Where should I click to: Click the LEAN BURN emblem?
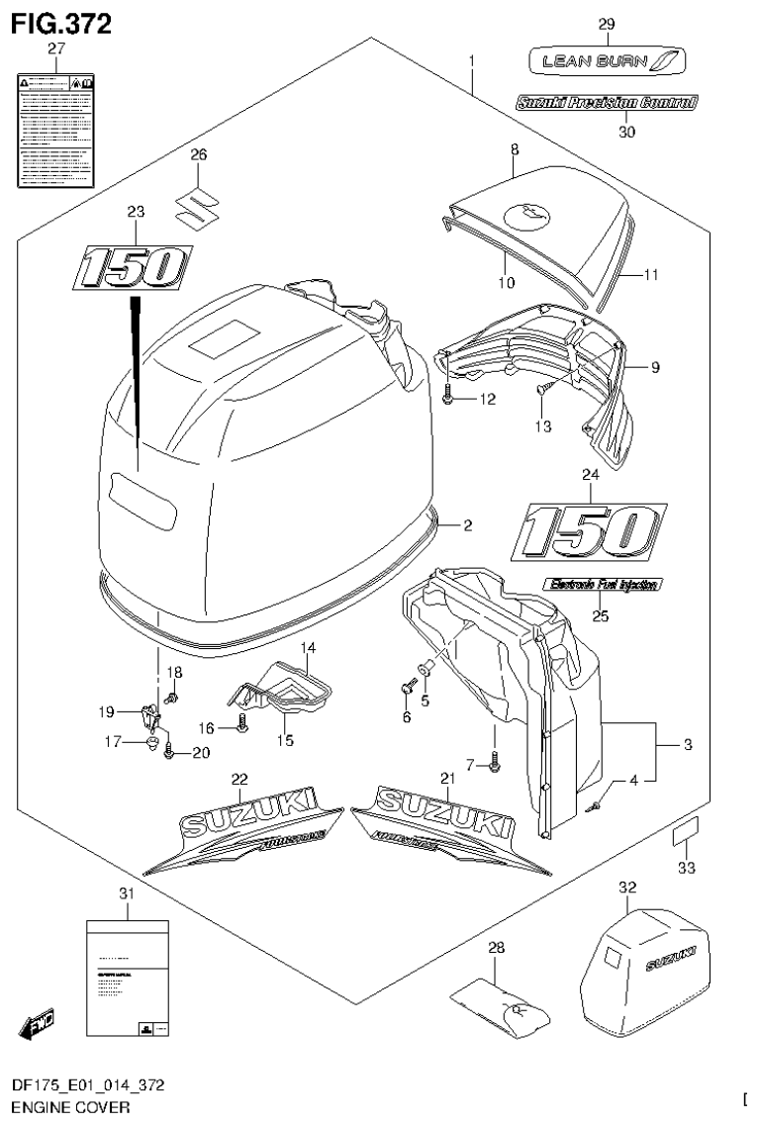point(606,62)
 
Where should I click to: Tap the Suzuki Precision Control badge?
point(607,102)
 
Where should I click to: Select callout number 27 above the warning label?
point(55,47)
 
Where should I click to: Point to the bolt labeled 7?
point(495,761)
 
